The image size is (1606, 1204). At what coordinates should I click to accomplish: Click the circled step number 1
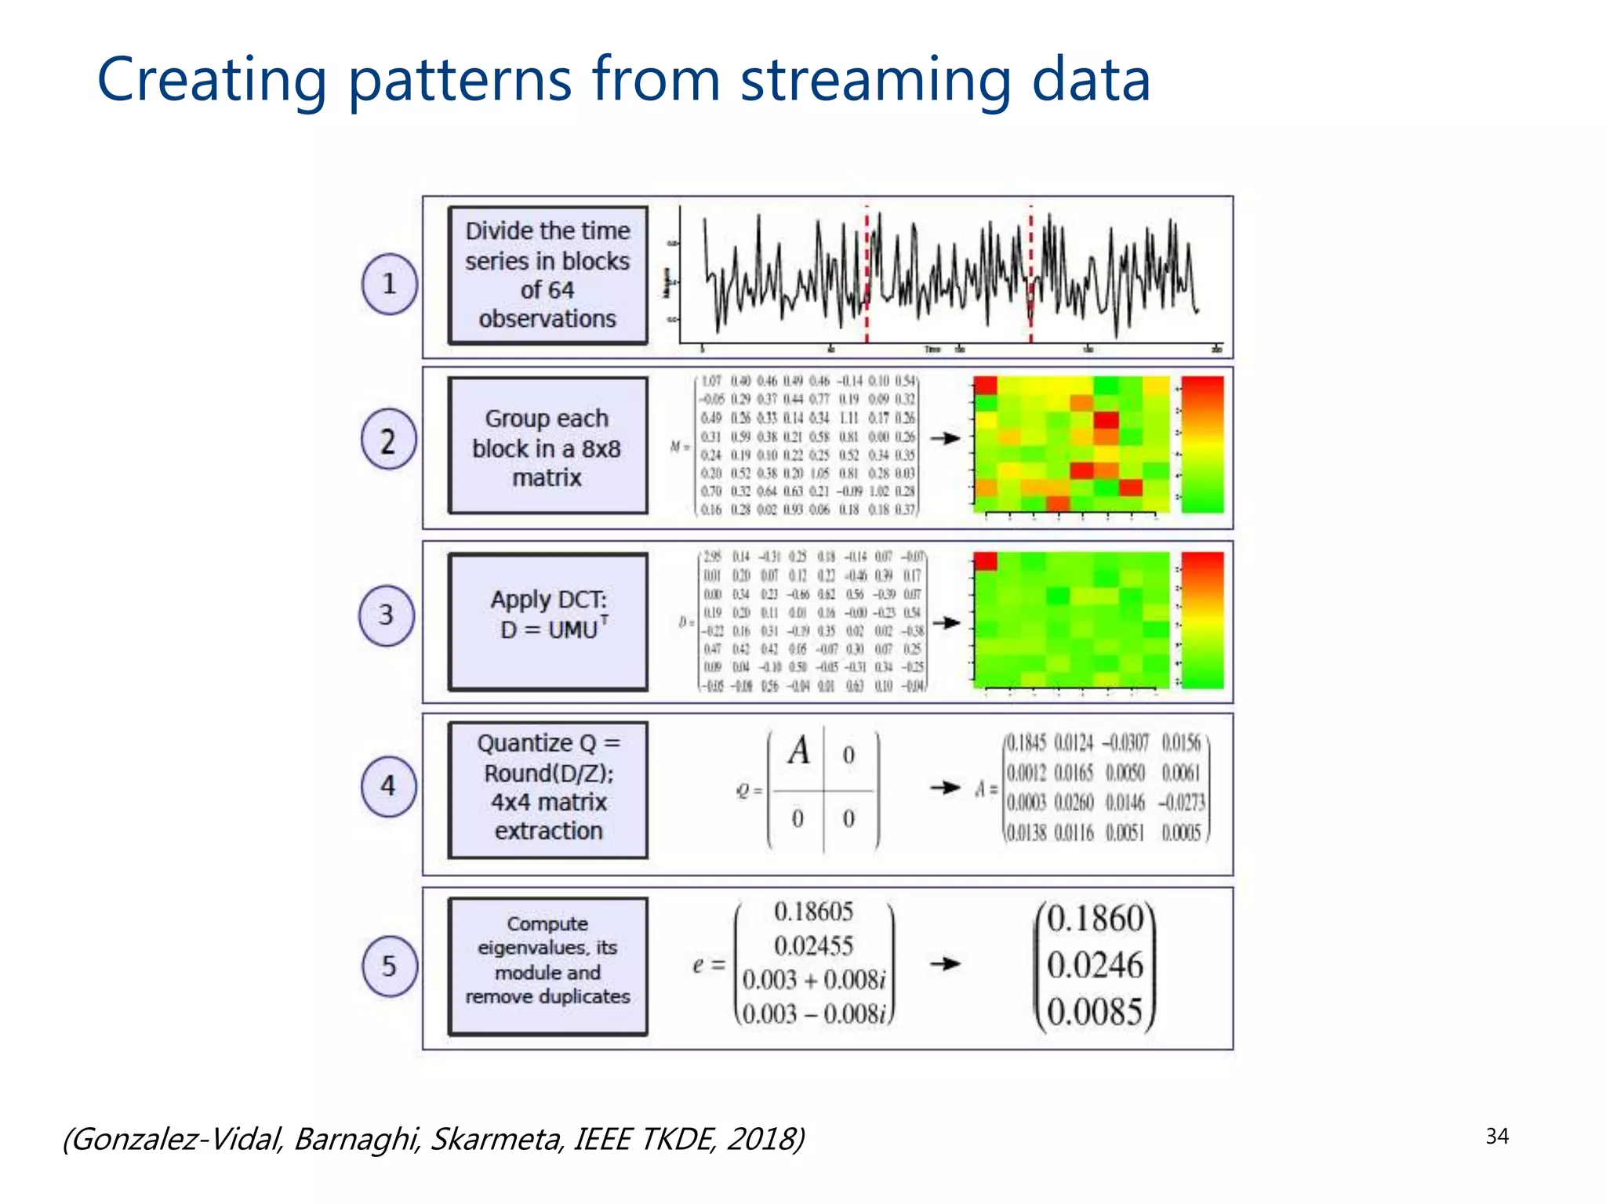(x=389, y=284)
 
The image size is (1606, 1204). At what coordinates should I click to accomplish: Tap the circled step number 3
(x=386, y=615)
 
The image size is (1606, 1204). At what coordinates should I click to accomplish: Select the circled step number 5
(x=389, y=966)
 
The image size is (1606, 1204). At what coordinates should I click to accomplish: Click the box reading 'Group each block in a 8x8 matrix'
(x=547, y=447)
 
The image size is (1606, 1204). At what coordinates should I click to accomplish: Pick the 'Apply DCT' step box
(x=547, y=622)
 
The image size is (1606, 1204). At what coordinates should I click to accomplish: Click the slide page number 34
(x=1496, y=1136)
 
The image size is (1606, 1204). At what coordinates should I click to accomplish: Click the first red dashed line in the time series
(x=867, y=274)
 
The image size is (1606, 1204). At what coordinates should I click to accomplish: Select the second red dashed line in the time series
(x=1030, y=274)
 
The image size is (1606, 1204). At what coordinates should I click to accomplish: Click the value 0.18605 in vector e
(x=813, y=912)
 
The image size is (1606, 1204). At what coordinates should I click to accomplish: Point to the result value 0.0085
(x=1095, y=1011)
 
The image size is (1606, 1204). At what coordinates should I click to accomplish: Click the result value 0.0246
(x=1095, y=965)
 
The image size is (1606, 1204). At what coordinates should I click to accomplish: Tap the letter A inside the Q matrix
(x=799, y=751)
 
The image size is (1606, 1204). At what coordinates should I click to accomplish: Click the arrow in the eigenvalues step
(x=945, y=963)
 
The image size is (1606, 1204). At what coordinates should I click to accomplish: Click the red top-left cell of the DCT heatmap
(x=985, y=560)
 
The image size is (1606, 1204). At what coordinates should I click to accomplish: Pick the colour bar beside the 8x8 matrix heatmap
(x=1202, y=444)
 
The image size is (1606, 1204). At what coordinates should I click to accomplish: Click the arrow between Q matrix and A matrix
(x=945, y=787)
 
